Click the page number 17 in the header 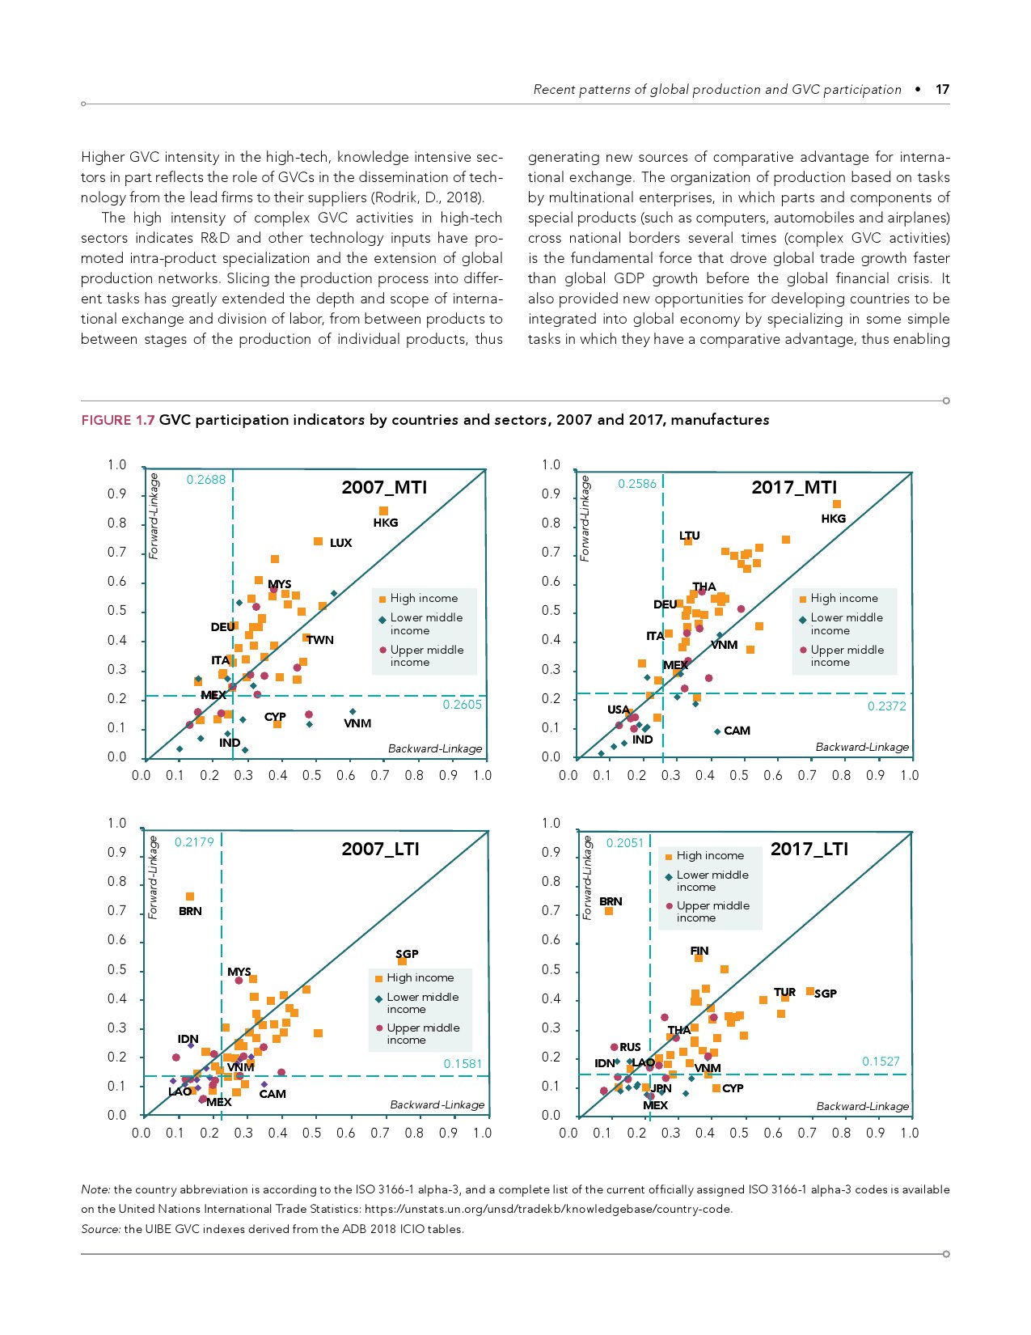tap(942, 89)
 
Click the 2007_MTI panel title tap(384, 487)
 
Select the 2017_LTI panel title tap(809, 849)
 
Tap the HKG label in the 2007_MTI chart tap(386, 523)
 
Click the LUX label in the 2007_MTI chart tap(340, 543)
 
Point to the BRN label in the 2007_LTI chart tap(190, 911)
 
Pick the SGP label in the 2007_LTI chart tap(407, 954)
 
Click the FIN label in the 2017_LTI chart tap(699, 951)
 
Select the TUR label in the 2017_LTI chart tap(784, 992)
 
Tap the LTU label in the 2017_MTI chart tap(690, 536)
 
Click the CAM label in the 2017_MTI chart tap(737, 731)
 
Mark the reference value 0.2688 tap(206, 480)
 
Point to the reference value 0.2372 tap(886, 706)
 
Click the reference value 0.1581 tap(463, 1064)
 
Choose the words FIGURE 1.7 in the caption tap(117, 420)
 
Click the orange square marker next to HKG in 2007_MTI tap(383, 511)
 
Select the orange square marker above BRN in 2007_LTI tap(190, 896)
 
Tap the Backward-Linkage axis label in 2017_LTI tap(862, 1106)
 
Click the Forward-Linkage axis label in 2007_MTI tap(154, 516)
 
